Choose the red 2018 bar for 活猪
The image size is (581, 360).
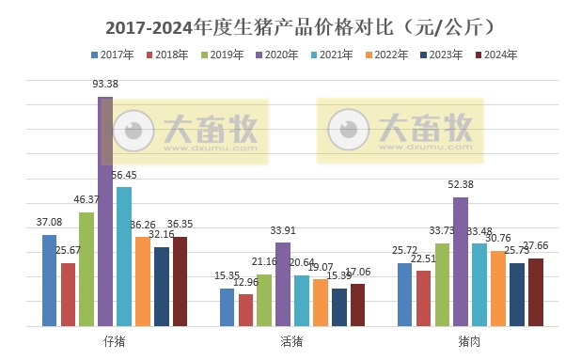coord(245,310)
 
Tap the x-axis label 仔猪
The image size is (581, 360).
coord(114,341)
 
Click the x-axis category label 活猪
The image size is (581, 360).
coord(291,341)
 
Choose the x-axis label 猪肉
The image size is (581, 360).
coord(469,341)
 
